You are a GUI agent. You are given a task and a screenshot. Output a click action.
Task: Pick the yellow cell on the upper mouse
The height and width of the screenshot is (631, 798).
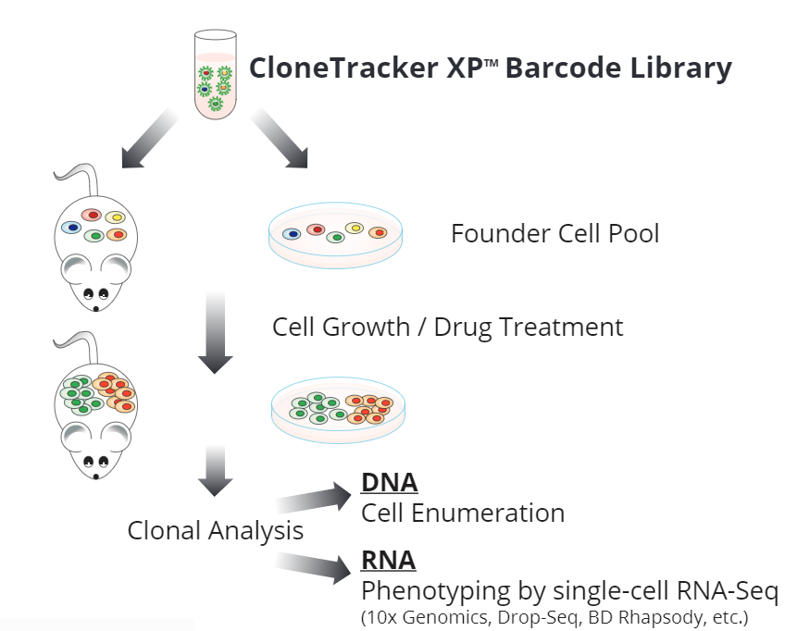coord(115,217)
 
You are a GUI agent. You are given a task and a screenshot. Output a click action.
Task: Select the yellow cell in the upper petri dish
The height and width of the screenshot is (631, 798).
coord(354,228)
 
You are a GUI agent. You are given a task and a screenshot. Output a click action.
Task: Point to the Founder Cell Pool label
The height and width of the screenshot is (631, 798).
coord(555,233)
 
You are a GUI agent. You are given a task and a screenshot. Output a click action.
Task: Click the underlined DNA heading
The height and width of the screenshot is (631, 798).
coord(389,482)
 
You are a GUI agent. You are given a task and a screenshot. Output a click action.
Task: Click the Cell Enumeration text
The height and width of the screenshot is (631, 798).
coord(462,513)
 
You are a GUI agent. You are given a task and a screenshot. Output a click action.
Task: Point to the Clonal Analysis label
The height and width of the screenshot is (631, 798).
coord(215,531)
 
